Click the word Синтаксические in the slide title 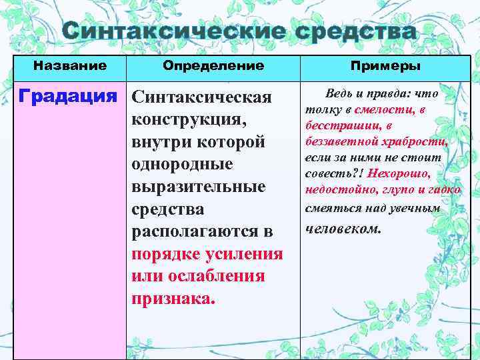coord(173,32)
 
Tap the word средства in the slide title coord(353,32)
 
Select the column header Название coord(70,66)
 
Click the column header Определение coord(213,66)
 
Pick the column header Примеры coord(386,66)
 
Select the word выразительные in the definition coord(198,187)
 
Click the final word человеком coord(343,229)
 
